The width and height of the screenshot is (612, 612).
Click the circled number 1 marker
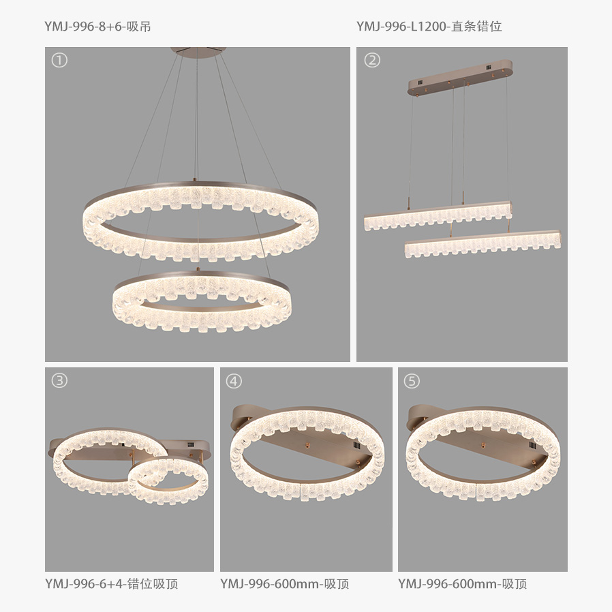pyautogui.click(x=59, y=60)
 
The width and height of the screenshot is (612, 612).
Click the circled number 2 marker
pyautogui.click(x=372, y=60)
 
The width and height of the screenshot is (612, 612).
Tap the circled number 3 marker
pyautogui.click(x=59, y=380)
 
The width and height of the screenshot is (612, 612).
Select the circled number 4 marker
pyautogui.click(x=234, y=381)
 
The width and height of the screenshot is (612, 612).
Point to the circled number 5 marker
pyautogui.click(x=412, y=381)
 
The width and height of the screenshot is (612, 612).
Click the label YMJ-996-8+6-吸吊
pyautogui.click(x=97, y=27)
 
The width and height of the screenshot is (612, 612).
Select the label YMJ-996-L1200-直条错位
pyautogui.click(x=429, y=27)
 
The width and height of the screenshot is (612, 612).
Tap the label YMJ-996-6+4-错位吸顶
pyautogui.click(x=112, y=584)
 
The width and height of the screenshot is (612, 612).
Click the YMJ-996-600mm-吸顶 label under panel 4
pyautogui.click(x=285, y=584)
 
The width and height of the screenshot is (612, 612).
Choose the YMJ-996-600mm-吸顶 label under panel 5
pyautogui.click(x=463, y=584)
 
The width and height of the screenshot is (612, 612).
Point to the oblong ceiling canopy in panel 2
pyautogui.click(x=460, y=78)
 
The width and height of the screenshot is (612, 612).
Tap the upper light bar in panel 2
pyautogui.click(x=438, y=216)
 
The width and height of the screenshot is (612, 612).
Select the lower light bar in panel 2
pyautogui.click(x=483, y=245)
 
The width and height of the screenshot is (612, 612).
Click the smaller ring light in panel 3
pyautogui.click(x=168, y=480)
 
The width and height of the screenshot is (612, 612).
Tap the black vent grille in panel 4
pyautogui.click(x=356, y=445)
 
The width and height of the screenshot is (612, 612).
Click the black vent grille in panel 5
pyautogui.click(x=532, y=445)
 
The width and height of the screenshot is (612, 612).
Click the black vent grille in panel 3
pyautogui.click(x=190, y=444)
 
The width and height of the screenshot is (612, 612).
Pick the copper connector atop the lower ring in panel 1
pyautogui.click(x=198, y=269)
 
